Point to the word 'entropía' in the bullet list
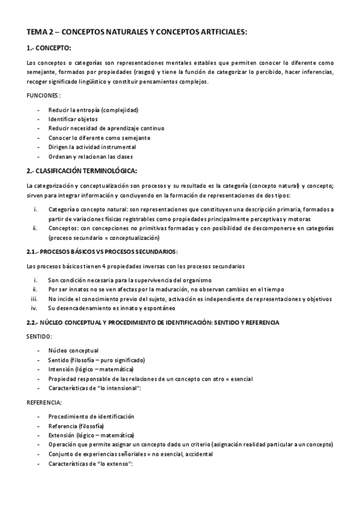click(88, 110)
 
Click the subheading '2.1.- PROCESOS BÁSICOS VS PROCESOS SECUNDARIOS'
click(102, 251)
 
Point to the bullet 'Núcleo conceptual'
click(73, 351)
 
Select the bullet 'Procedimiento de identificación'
click(91, 416)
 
